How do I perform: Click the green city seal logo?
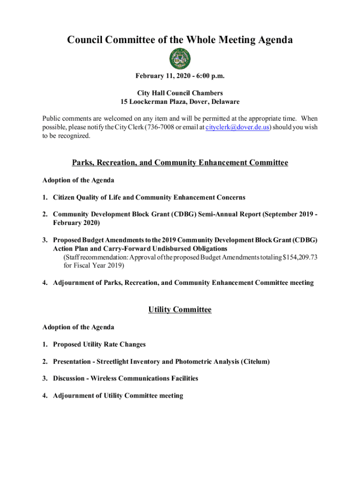point(180,59)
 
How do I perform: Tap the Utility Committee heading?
point(180,310)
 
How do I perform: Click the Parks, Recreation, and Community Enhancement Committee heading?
point(180,163)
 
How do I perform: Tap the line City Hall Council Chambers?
point(180,93)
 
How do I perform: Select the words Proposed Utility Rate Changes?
point(99,345)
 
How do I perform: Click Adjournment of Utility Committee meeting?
point(118,396)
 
